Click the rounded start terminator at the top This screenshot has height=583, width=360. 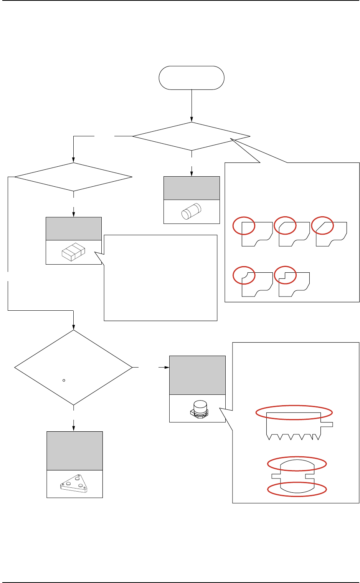tap(192, 78)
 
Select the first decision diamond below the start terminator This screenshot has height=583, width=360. tap(191, 136)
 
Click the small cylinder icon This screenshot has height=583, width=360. tap(192, 212)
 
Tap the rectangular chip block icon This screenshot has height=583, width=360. tap(73, 252)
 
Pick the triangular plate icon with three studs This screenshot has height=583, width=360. tap(74, 484)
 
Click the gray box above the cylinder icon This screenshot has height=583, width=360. tap(192, 188)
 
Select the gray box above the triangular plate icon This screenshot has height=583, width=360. tap(74, 451)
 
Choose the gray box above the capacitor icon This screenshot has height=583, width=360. tap(197, 375)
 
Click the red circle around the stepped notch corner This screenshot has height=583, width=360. tap(286, 275)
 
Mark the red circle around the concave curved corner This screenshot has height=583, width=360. tap(244, 275)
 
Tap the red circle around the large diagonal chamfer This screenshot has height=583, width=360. tap(322, 225)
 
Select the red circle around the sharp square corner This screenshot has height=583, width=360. tap(244, 225)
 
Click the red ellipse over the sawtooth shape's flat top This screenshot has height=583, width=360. tap(294, 412)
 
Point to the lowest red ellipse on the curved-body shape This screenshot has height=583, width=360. tap(297, 489)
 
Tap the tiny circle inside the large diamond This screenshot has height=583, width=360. tap(64, 380)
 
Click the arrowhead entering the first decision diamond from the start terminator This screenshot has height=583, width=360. tap(192, 119)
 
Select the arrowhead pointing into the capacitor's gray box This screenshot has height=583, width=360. tap(167, 368)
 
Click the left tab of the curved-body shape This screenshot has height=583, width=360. tap(276, 476)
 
